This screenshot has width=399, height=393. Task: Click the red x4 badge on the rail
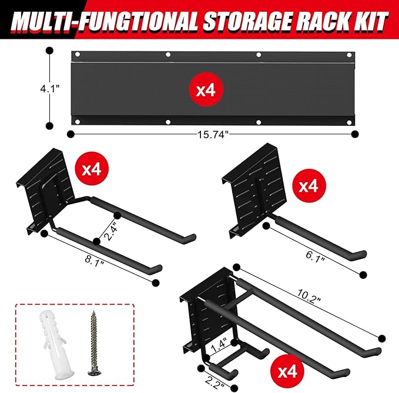(x=208, y=90)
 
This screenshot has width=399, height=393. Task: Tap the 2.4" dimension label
(x=108, y=227)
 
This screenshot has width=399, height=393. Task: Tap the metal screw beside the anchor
(x=92, y=341)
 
